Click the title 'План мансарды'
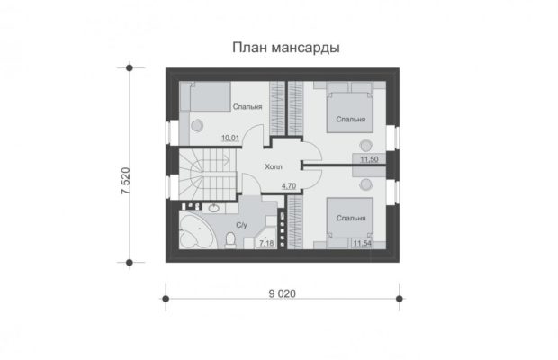[x=286, y=48]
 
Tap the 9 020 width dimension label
[x=283, y=293]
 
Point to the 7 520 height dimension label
[x=126, y=181]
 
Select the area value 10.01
[x=230, y=138]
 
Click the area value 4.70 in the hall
[x=289, y=185]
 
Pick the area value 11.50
[x=369, y=159]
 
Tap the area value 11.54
[x=363, y=243]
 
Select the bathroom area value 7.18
[x=266, y=243]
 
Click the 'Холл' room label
[x=274, y=166]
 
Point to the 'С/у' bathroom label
[x=241, y=225]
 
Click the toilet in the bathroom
[x=230, y=239]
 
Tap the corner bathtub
[x=197, y=229]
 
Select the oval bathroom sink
[x=213, y=208]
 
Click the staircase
[x=208, y=175]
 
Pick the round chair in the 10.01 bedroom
[x=197, y=125]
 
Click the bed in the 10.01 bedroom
[x=205, y=96]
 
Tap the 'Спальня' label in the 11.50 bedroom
[x=351, y=119]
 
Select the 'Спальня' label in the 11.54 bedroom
[x=351, y=218]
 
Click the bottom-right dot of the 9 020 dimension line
[x=400, y=299]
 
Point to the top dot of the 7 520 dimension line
[x=130, y=67]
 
